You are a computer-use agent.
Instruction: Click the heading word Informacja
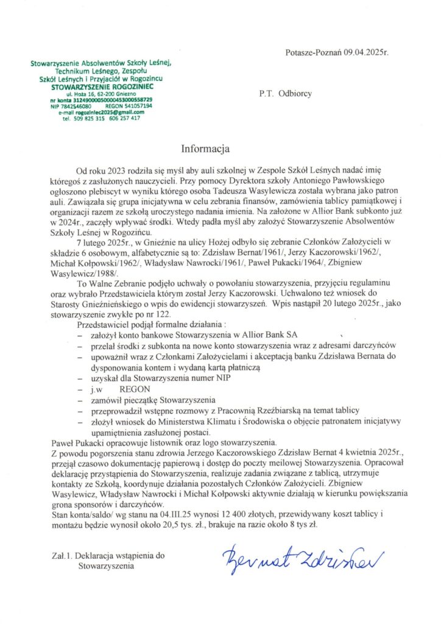click(204, 147)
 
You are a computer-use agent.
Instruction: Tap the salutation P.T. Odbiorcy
click(286, 94)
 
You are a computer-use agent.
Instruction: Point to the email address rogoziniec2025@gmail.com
click(101, 112)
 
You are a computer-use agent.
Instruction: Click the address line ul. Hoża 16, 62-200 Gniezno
click(101, 96)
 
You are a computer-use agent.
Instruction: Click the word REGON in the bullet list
click(132, 389)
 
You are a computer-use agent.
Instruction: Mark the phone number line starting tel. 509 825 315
click(101, 118)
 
